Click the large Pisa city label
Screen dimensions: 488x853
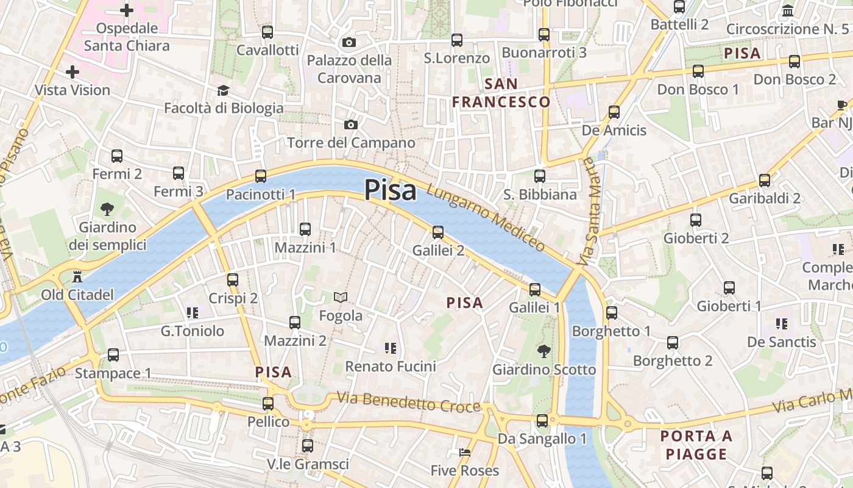pyautogui.click(x=391, y=190)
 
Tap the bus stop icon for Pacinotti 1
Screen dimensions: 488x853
pyautogui.click(x=261, y=176)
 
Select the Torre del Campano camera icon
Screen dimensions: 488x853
pyautogui.click(x=351, y=124)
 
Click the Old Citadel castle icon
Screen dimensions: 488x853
pyautogui.click(x=77, y=276)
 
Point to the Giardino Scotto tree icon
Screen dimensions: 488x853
pyautogui.click(x=543, y=351)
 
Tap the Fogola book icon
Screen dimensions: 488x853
pyautogui.click(x=341, y=297)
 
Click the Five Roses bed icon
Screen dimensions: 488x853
pyautogui.click(x=464, y=452)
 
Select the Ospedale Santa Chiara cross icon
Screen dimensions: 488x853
pyautogui.click(x=127, y=10)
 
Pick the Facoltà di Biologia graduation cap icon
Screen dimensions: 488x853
pyautogui.click(x=223, y=90)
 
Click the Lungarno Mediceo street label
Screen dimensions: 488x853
pyautogui.click(x=486, y=218)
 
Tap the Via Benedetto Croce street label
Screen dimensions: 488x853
pyautogui.click(x=409, y=403)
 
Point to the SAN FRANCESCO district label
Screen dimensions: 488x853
pyautogui.click(x=501, y=93)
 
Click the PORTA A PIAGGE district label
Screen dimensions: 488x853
pyautogui.click(x=696, y=445)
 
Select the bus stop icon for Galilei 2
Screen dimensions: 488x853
pyautogui.click(x=438, y=232)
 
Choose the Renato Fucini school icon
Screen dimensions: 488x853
pyautogui.click(x=391, y=348)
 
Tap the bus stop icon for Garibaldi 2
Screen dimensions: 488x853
pyautogui.click(x=765, y=180)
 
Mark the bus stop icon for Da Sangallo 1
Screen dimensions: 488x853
pyautogui.click(x=542, y=420)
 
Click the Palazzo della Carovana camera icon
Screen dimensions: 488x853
pyautogui.click(x=349, y=42)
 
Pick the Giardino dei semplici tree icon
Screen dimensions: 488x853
pyautogui.click(x=107, y=209)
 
